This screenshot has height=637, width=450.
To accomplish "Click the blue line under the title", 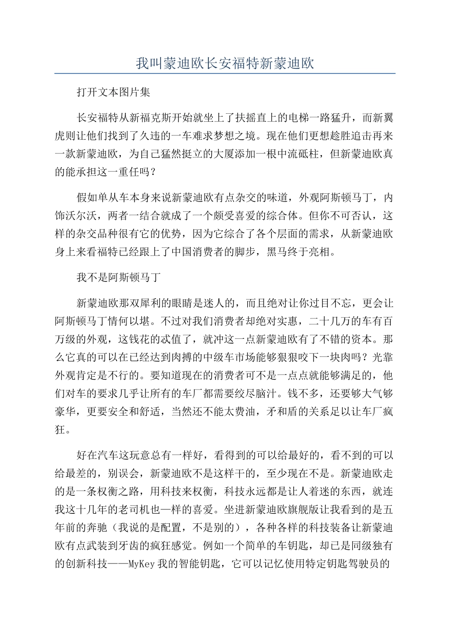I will coord(225,74).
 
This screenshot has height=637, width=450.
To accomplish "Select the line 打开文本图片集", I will coord(113,92).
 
